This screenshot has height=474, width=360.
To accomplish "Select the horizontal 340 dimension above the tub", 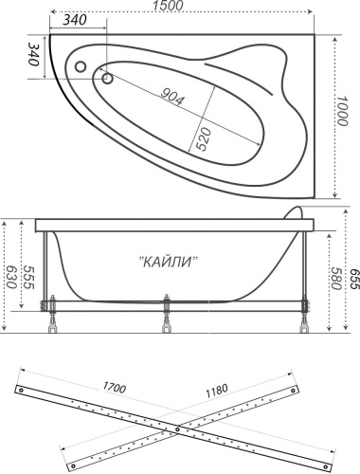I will (x=80, y=20).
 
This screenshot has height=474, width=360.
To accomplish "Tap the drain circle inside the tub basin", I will (x=107, y=80).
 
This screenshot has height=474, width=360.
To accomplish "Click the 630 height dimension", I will (x=11, y=277).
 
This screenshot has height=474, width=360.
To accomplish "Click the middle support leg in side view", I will (x=168, y=316).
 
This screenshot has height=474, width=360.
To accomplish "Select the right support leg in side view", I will (x=305, y=317).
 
